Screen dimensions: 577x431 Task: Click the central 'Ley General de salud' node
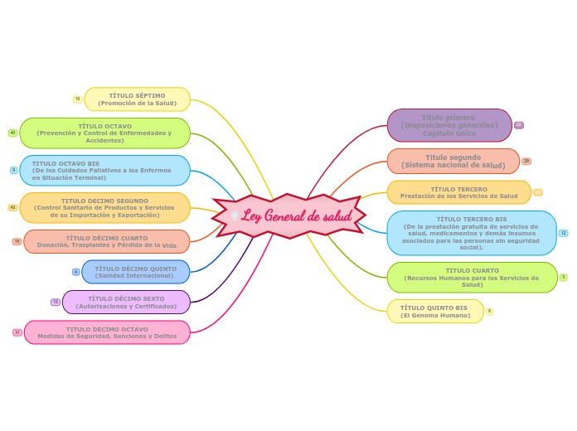tap(289, 216)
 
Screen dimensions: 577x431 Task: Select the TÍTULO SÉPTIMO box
tap(138, 99)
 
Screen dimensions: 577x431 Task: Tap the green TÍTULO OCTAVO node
tap(104, 133)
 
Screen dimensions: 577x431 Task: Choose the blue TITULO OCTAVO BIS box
tap(104, 171)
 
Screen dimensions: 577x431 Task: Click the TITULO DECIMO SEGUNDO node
tap(104, 208)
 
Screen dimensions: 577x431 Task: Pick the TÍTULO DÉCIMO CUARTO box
tap(107, 241)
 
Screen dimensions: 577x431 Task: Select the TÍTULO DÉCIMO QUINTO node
tap(136, 272)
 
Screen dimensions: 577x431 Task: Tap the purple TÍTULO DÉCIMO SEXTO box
tap(126, 303)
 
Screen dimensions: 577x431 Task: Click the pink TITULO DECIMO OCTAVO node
tap(107, 332)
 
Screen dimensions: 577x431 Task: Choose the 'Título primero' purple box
tap(449, 126)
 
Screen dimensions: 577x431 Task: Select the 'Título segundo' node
tap(453, 162)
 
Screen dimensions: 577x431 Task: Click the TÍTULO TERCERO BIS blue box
tap(471, 233)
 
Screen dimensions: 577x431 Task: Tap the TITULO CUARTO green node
tap(473, 278)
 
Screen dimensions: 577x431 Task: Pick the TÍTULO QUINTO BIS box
tap(435, 312)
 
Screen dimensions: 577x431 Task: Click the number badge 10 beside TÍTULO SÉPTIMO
tap(78, 99)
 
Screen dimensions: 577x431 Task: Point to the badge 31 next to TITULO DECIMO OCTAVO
tap(17, 332)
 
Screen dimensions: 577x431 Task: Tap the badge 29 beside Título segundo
tap(526, 161)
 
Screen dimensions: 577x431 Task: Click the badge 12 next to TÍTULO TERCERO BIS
tap(564, 233)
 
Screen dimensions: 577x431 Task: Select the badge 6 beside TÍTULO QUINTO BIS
tap(490, 311)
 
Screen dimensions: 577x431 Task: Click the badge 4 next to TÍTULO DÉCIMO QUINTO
tap(76, 272)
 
